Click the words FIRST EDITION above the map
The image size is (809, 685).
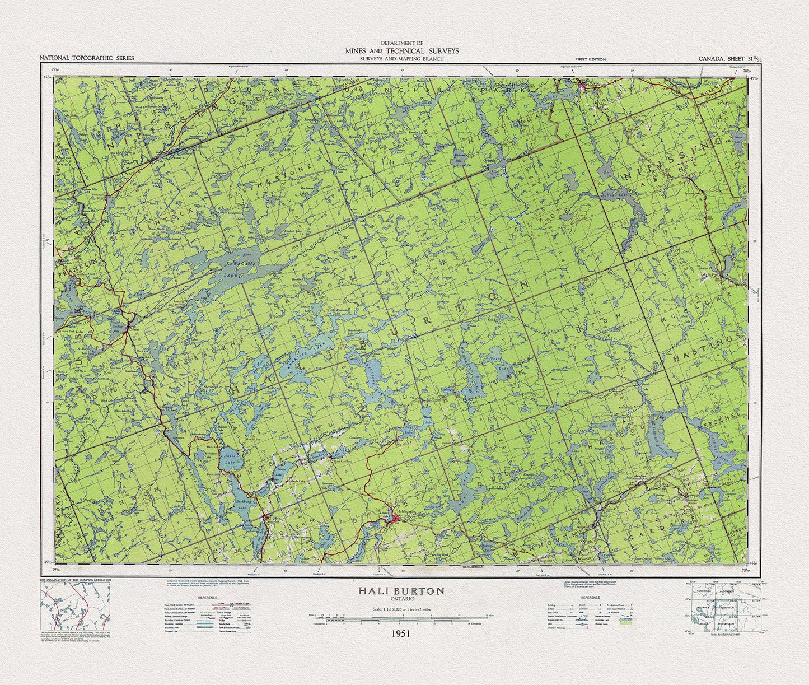(590, 59)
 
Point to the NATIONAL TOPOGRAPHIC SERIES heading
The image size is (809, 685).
(87, 58)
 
